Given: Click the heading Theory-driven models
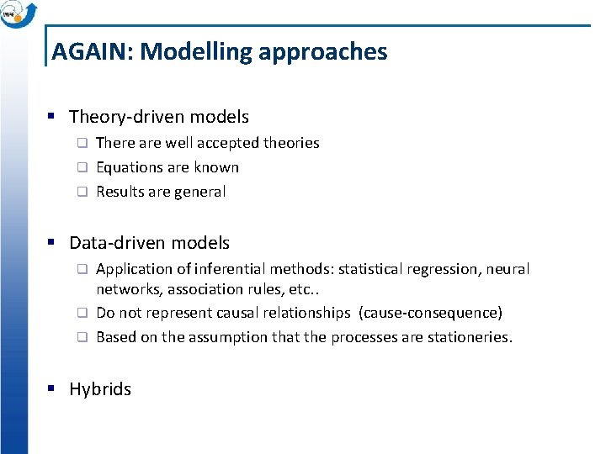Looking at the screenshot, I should pyautogui.click(x=159, y=117).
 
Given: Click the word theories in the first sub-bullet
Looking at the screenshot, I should pyautogui.click(x=291, y=143).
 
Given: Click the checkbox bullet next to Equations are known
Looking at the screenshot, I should pyautogui.click(x=82, y=167).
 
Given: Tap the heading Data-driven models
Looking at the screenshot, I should pyautogui.click(x=149, y=243).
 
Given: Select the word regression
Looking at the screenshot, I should pyautogui.click(x=444, y=269).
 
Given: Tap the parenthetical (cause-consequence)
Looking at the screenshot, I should pyautogui.click(x=431, y=313).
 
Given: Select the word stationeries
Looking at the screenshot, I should pyautogui.click(x=470, y=337).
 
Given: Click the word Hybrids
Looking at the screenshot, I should pyautogui.click(x=100, y=389).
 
